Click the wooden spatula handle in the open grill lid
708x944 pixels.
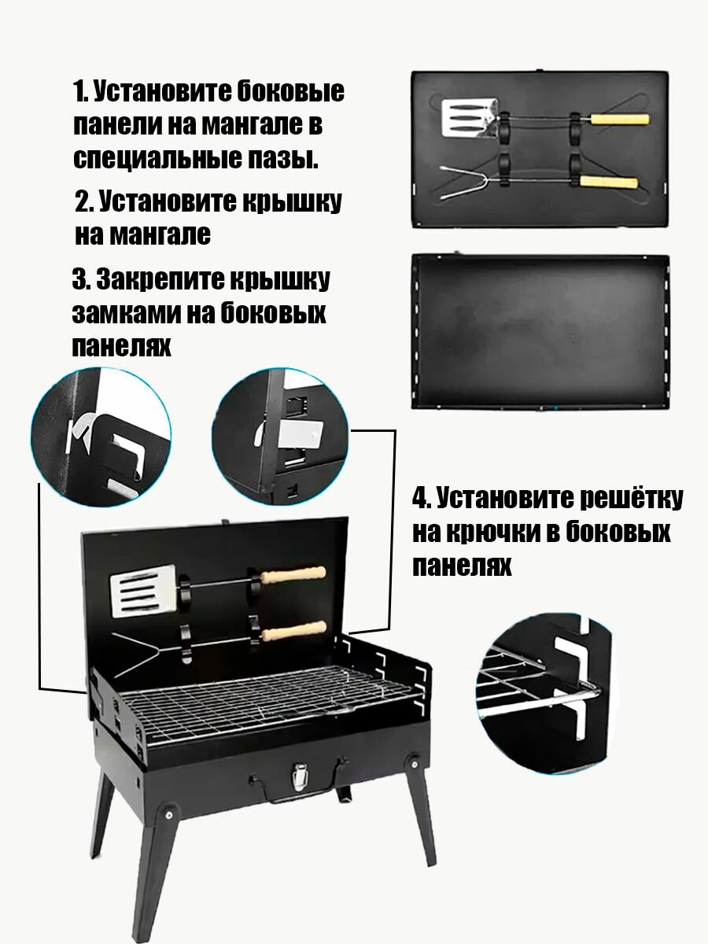[x=294, y=574]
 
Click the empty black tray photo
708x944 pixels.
[x=540, y=331]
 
